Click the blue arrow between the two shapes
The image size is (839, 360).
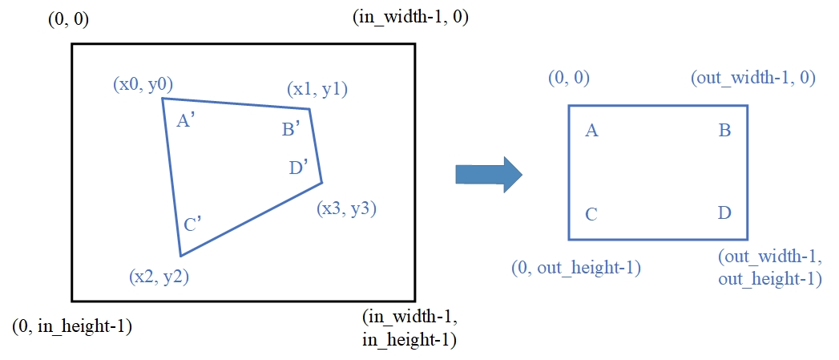tap(488, 174)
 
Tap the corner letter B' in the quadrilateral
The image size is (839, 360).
tap(291, 129)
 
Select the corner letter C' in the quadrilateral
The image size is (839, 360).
tap(192, 224)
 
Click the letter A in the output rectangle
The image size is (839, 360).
tap(592, 130)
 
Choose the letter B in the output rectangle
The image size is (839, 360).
tap(724, 130)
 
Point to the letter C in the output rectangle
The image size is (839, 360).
tap(591, 214)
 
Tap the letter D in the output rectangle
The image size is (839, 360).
tap(724, 214)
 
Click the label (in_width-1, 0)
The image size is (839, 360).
tap(410, 17)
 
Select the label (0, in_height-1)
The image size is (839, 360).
tap(73, 326)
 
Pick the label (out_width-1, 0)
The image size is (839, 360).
tap(752, 79)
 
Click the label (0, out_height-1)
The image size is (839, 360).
tap(575, 267)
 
